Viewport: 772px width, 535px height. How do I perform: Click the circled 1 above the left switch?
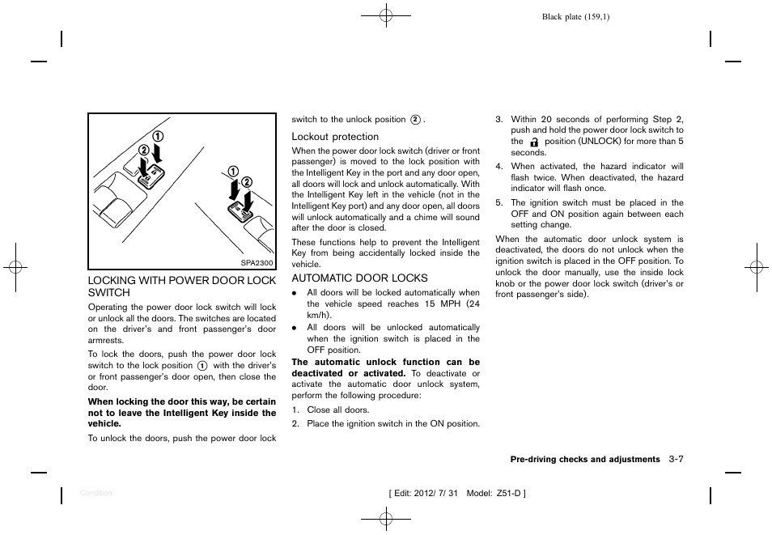(159, 136)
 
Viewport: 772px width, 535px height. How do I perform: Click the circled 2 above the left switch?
(143, 150)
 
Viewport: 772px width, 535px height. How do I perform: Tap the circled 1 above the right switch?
(233, 171)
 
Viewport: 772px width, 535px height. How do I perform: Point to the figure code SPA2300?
(258, 263)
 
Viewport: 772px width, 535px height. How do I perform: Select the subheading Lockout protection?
(335, 137)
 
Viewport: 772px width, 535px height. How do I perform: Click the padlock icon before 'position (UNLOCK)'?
(534, 142)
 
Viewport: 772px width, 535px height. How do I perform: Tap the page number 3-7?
(677, 459)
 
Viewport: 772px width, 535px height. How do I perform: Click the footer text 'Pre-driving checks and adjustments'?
(584, 460)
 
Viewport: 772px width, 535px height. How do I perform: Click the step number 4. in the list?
(499, 167)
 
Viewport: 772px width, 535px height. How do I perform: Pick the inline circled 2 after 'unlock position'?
(415, 120)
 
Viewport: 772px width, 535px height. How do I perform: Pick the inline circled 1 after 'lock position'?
(202, 366)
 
